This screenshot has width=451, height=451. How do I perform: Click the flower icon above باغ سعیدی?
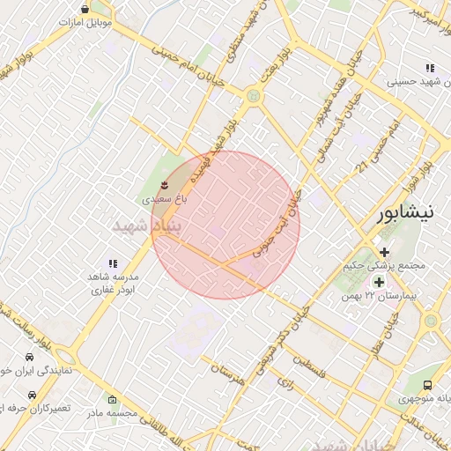point(165,184)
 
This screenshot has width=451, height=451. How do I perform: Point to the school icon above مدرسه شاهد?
point(112,263)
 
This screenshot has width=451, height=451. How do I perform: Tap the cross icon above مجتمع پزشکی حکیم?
point(384,252)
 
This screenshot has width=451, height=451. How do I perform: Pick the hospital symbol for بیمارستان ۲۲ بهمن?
point(379,282)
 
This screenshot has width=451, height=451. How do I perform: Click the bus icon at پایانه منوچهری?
point(427,385)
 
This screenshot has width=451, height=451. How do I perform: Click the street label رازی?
point(285,382)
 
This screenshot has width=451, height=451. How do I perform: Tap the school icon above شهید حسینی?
point(430,68)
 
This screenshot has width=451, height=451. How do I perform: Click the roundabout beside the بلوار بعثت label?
point(254,95)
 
